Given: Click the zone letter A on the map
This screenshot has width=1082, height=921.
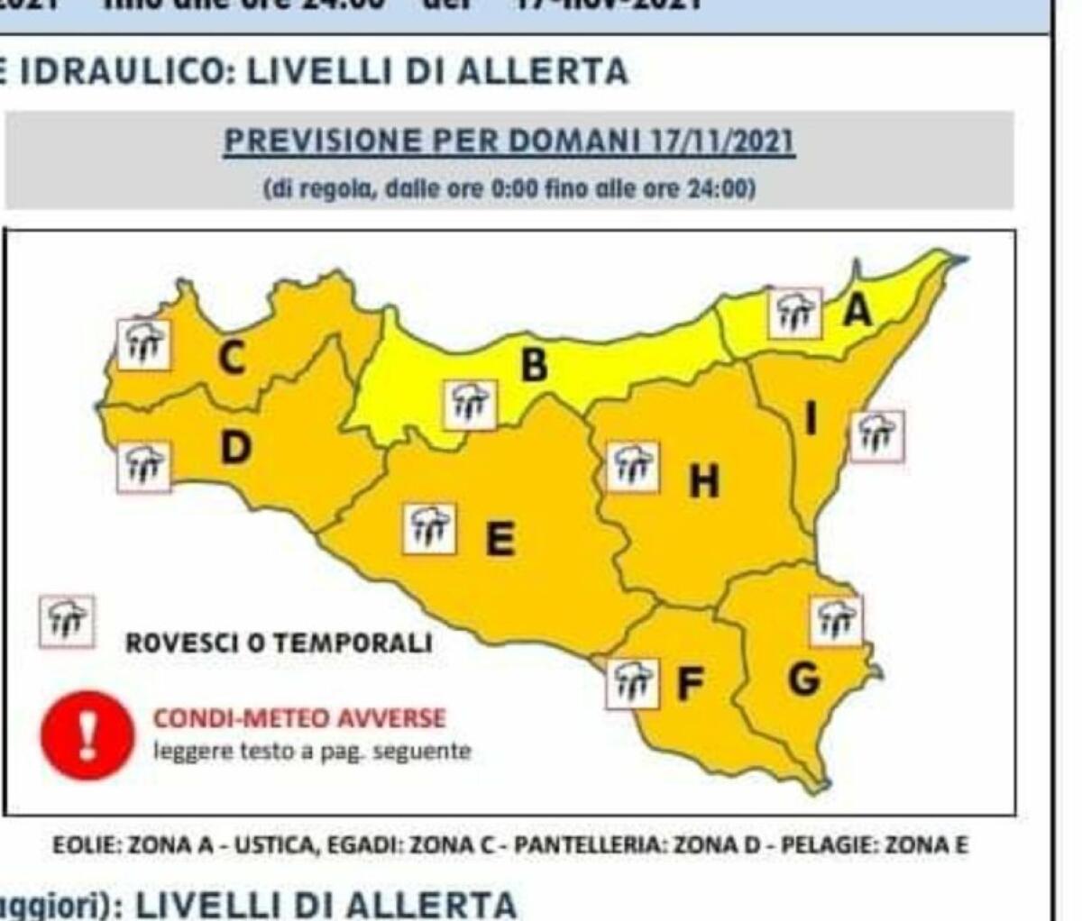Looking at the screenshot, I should click(857, 310).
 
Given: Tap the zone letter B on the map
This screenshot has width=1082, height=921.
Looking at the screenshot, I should click(534, 365).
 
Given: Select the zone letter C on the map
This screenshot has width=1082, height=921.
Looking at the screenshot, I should click(231, 359).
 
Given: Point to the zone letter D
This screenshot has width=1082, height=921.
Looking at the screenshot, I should click(234, 448).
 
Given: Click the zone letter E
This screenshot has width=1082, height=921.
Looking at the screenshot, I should click(500, 540).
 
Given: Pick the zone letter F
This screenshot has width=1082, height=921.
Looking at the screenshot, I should click(690, 685).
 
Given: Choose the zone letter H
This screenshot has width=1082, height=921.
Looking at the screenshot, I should click(704, 482).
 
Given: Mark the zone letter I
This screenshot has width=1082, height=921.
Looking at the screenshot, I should click(811, 418).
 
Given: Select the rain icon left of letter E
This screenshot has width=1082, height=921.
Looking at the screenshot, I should click(429, 527).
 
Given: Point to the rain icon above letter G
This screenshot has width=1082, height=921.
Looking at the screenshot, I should click(836, 621).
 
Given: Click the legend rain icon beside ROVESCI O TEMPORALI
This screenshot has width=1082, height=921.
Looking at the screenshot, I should click(67, 621).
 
